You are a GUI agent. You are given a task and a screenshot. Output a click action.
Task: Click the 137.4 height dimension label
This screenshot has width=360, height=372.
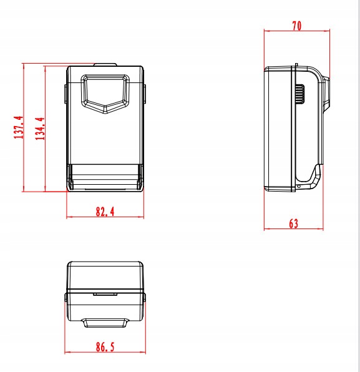(x=19, y=127)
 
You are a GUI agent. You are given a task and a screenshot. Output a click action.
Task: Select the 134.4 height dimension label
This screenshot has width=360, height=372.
(x=40, y=129)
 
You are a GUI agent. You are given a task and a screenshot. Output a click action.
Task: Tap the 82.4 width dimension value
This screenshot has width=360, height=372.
(x=105, y=212)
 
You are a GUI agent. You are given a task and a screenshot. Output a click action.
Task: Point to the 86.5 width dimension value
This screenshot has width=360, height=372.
(x=105, y=347)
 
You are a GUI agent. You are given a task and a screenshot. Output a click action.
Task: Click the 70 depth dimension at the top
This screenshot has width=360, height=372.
(x=297, y=26)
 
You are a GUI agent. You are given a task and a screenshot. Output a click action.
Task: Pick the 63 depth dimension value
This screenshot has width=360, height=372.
(x=294, y=223)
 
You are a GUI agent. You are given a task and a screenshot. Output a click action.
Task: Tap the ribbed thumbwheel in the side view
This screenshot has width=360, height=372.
(x=300, y=94)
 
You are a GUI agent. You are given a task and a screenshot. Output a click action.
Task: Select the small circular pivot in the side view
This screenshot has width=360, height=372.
(x=299, y=187)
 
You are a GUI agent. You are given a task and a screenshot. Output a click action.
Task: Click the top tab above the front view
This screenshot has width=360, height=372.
(x=105, y=64)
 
